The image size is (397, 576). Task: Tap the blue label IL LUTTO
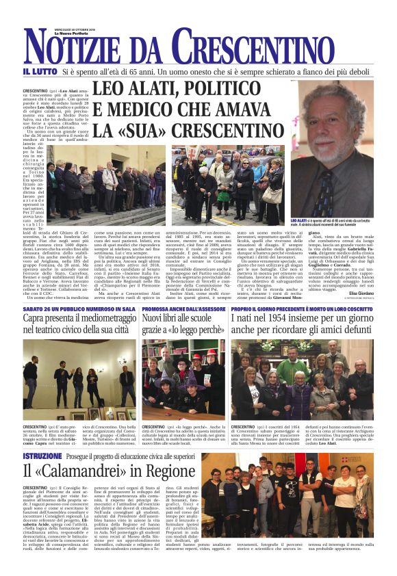click(x=40, y=71)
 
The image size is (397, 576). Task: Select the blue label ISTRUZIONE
click(x=42, y=456)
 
